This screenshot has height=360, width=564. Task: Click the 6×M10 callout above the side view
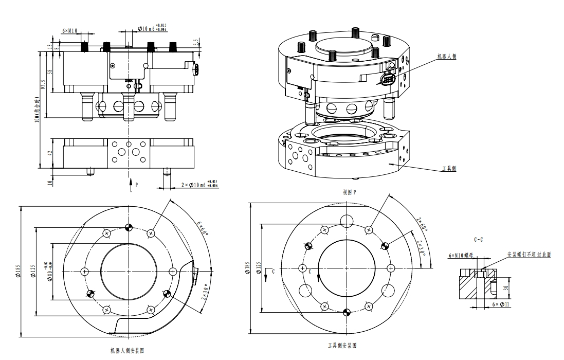coord(69,31)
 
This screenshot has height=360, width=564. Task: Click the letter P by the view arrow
coord(137,183)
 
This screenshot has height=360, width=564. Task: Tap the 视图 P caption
coord(350,192)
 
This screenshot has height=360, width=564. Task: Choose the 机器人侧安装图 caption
coord(127,351)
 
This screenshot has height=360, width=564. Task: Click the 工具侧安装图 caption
coord(342,346)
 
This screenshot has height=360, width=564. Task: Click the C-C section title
coord(477,240)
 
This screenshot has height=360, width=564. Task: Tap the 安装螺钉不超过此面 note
coord(529,255)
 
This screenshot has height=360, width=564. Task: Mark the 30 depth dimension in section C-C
coord(506,288)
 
